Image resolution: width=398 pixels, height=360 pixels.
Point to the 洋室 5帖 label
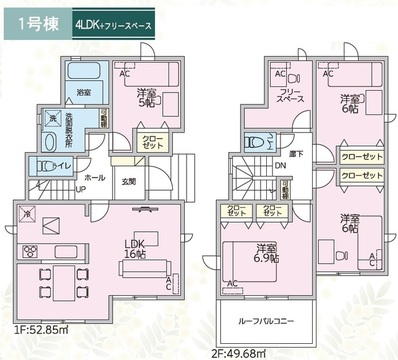(x=147, y=97)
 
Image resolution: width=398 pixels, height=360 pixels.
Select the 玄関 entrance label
(x=129, y=181)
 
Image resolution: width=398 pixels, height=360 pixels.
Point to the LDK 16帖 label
(x=134, y=247)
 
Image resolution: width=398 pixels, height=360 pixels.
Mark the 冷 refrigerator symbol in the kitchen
(x=26, y=213)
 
